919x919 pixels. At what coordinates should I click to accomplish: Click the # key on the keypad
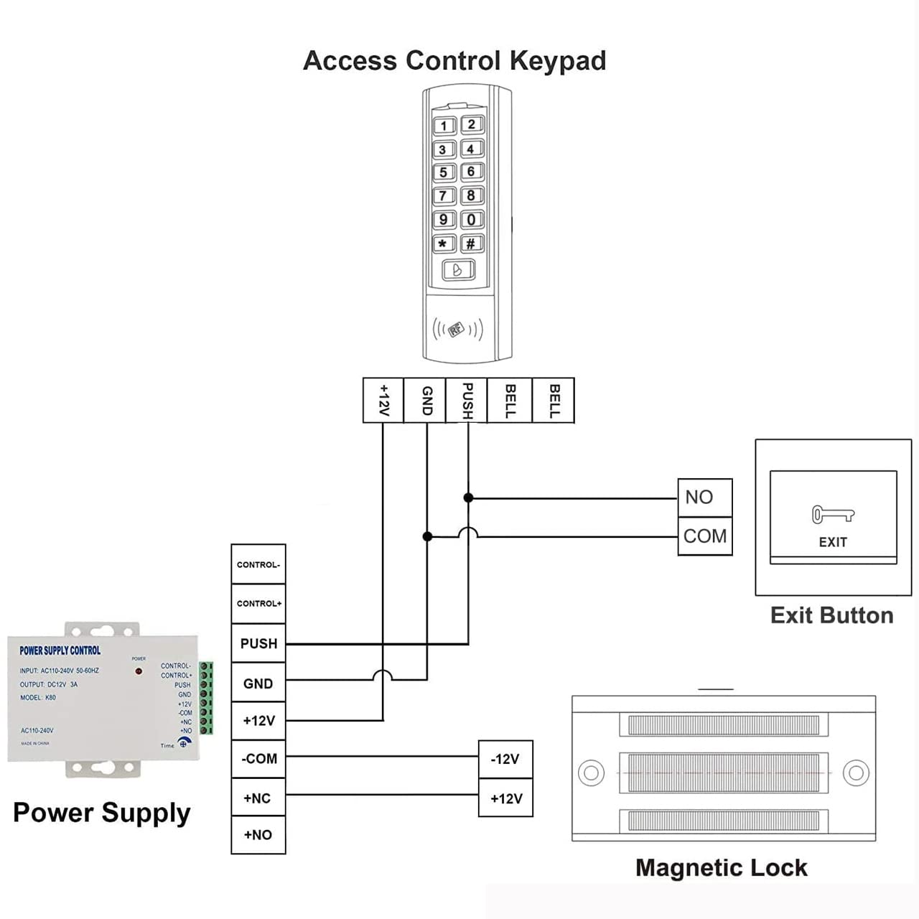(x=471, y=243)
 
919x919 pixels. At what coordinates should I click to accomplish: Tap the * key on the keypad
(x=443, y=243)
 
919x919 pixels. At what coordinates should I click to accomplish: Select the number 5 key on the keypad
(x=444, y=172)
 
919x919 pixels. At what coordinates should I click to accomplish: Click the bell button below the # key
(x=457, y=271)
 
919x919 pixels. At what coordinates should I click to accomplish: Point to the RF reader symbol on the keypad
(x=457, y=330)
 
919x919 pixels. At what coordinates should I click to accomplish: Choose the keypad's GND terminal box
(x=426, y=400)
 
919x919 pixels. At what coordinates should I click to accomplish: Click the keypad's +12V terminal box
(x=383, y=400)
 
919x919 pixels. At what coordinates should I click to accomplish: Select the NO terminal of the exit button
(x=704, y=498)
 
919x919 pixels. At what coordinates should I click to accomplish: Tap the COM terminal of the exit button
(x=704, y=536)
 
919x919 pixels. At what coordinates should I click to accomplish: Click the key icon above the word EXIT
(x=833, y=514)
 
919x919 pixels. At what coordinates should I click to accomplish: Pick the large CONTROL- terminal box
(x=258, y=564)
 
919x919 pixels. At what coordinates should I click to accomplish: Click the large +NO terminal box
(x=258, y=835)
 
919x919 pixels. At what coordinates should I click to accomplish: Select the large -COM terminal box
(x=258, y=759)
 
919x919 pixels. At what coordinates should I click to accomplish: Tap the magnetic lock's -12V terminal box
(x=505, y=760)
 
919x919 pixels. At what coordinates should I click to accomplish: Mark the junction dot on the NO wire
(x=468, y=498)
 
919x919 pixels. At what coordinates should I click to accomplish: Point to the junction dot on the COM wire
(x=427, y=536)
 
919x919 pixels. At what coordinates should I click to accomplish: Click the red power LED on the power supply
(x=139, y=671)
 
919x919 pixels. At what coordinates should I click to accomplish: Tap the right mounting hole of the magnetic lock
(x=856, y=773)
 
